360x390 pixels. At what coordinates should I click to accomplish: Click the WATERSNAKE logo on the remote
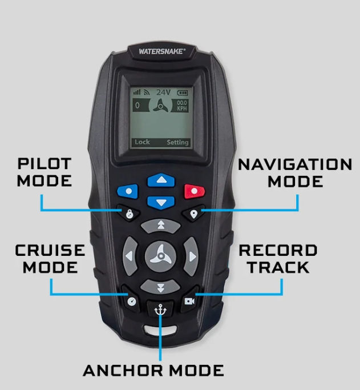click(162, 51)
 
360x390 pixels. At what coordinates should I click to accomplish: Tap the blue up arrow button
click(161, 180)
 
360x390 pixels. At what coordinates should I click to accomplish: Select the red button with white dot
click(195, 191)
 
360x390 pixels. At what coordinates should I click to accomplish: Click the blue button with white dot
click(128, 191)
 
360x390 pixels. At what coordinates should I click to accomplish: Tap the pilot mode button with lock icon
click(129, 213)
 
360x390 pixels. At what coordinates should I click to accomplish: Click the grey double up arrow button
click(161, 226)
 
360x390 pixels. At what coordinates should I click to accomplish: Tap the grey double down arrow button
click(160, 287)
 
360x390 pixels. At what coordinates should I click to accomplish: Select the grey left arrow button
click(130, 256)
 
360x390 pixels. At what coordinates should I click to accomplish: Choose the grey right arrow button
click(192, 256)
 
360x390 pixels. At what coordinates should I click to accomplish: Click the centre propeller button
click(161, 256)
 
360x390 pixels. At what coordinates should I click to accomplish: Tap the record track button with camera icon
click(189, 300)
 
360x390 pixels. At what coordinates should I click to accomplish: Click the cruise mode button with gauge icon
click(131, 300)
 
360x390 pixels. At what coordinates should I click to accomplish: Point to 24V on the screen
click(163, 93)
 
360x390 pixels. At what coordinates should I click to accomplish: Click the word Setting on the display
click(177, 142)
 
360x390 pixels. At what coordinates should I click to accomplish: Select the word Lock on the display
click(142, 142)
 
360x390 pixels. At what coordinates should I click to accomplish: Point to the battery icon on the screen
click(183, 93)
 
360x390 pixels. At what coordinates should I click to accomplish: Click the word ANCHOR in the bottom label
click(123, 371)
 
